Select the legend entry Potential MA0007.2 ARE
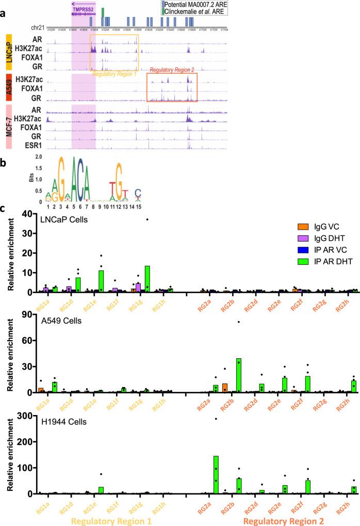[196, 4]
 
